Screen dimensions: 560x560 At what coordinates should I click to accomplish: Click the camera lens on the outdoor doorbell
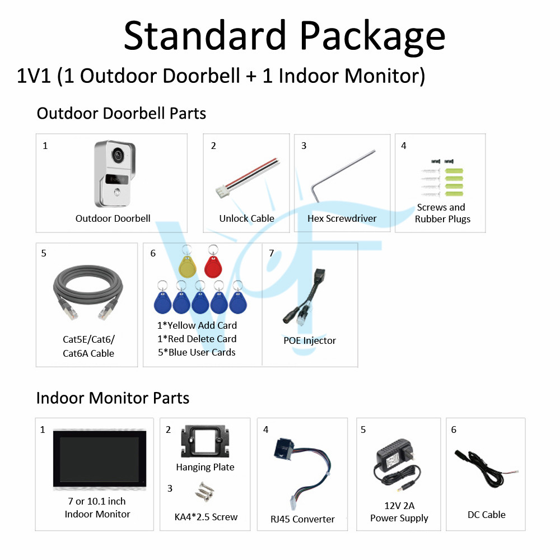pyautogui.click(x=118, y=156)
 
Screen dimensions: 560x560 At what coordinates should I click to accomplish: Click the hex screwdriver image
pyautogui.click(x=343, y=175)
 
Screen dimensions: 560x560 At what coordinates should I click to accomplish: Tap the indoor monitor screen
pyautogui.click(x=100, y=459)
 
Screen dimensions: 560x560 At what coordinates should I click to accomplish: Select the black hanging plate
pyautogui.click(x=205, y=441)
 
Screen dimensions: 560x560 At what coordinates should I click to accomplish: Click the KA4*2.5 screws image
pyautogui.click(x=204, y=492)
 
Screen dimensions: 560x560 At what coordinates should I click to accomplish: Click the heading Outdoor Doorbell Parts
pyautogui.click(x=122, y=114)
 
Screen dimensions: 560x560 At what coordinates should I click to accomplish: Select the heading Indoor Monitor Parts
pyautogui.click(x=113, y=398)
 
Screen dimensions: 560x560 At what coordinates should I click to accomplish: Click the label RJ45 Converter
pyautogui.click(x=302, y=519)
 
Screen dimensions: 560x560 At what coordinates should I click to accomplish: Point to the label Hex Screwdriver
pyautogui.click(x=342, y=218)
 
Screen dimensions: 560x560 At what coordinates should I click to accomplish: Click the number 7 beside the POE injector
pyautogui.click(x=272, y=253)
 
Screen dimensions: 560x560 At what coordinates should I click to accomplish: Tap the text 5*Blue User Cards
pyautogui.click(x=197, y=352)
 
